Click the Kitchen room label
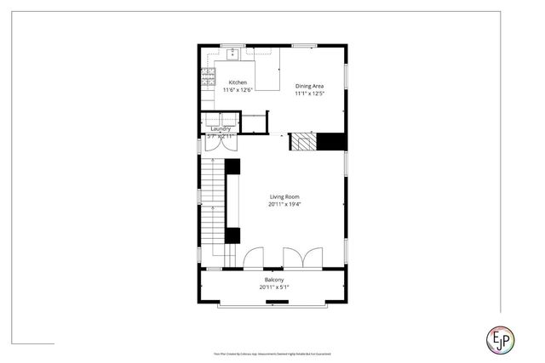(x=238, y=82)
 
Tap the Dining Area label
(x=309, y=86)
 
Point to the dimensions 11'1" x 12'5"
(x=309, y=93)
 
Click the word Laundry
(x=221, y=128)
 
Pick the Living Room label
(x=284, y=196)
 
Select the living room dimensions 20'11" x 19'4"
(x=284, y=204)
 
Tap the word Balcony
(x=272, y=280)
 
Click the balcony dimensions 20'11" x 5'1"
(x=272, y=287)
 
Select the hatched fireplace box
(x=303, y=141)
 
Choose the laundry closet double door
(x=221, y=143)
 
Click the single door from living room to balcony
(x=253, y=258)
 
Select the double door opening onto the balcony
(x=303, y=257)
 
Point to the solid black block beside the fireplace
(x=331, y=141)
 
